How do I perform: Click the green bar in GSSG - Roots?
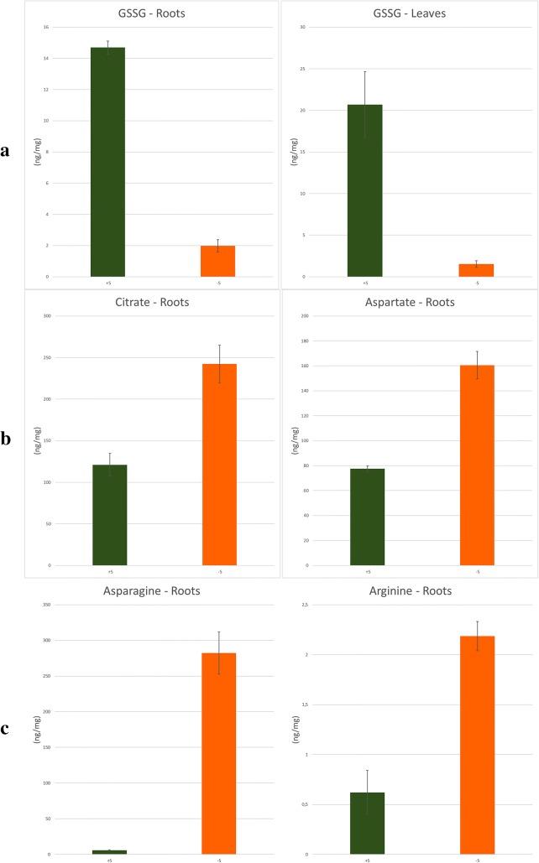107,162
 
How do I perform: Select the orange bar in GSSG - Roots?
217,261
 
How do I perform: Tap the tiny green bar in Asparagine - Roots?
109,851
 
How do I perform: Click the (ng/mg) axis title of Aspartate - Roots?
291,440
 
